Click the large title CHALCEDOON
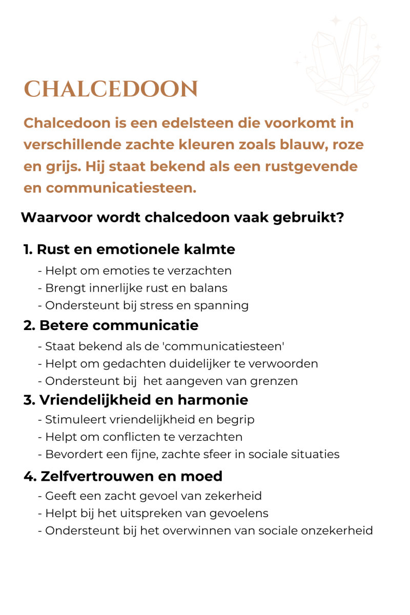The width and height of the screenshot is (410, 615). tap(111, 90)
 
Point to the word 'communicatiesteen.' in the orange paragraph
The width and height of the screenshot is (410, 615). tap(121, 188)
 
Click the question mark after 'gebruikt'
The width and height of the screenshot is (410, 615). tap(340, 217)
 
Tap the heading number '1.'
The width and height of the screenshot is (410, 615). tap(28, 250)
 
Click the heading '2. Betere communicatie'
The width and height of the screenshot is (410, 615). tap(111, 325)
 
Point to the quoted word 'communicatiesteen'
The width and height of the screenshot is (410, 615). tap(223, 346)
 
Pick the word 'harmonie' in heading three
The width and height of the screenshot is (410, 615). tap(212, 400)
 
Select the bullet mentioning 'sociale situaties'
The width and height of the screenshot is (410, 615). tap(189, 455)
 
